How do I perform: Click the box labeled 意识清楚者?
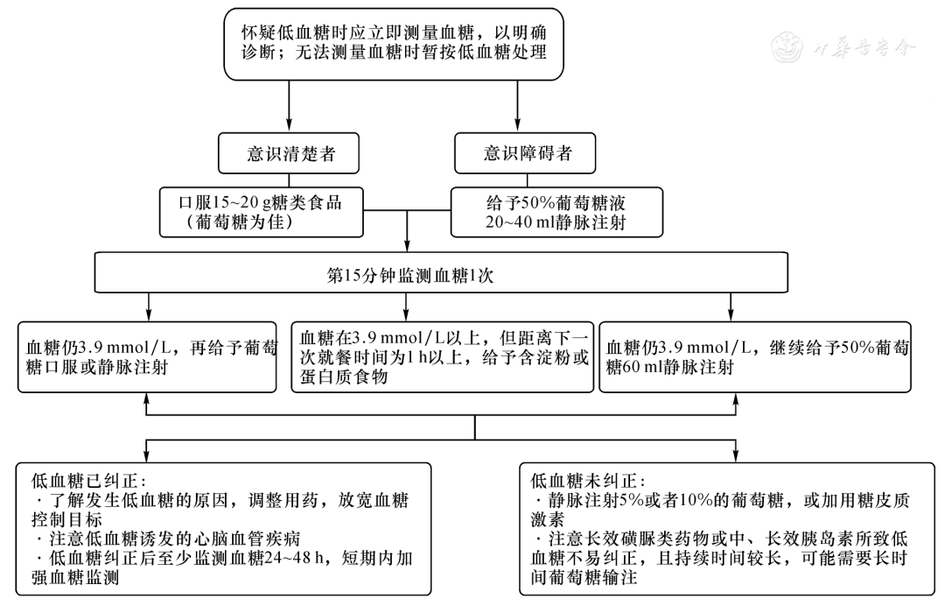tap(289, 154)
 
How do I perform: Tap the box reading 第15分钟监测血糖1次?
tap(409, 273)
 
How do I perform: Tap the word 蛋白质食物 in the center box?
tap(343, 377)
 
